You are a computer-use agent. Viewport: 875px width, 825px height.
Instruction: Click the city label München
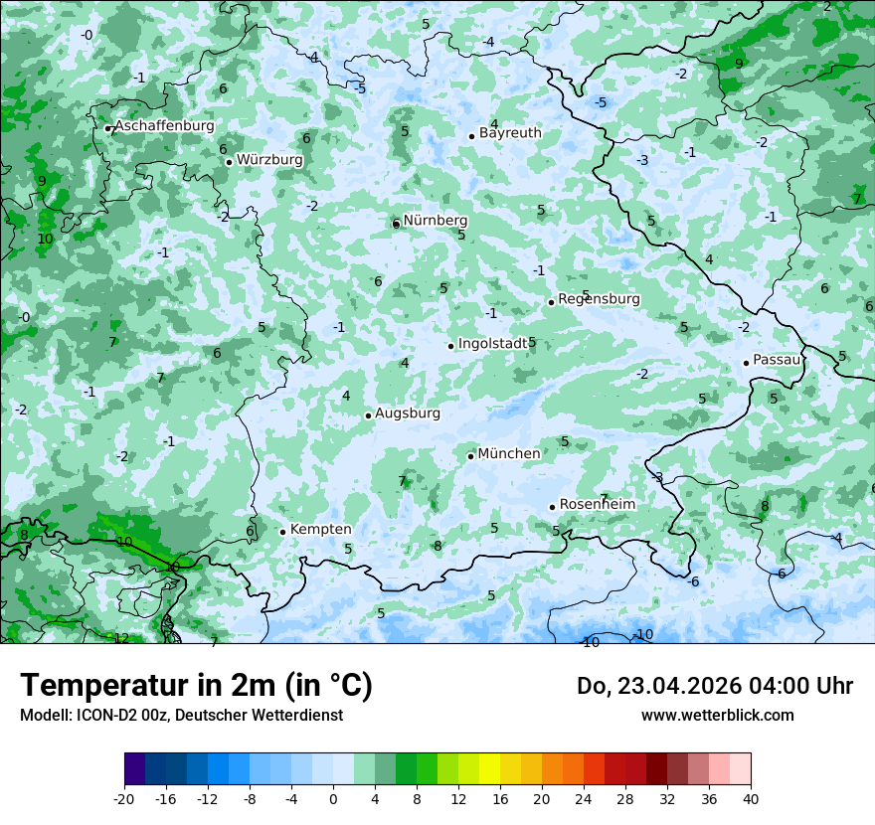(509, 454)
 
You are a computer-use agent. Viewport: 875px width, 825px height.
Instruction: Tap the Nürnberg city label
(436, 221)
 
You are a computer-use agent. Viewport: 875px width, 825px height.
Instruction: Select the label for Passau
(777, 360)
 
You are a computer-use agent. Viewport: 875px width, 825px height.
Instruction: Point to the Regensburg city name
(599, 299)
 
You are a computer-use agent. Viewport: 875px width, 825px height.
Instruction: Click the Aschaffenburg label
(164, 126)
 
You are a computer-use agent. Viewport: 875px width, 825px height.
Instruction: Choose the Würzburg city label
(269, 159)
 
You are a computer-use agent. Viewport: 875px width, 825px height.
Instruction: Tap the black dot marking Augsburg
(368, 415)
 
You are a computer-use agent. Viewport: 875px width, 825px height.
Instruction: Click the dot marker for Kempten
(282, 532)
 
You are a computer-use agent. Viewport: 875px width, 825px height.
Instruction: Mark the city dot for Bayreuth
(471, 136)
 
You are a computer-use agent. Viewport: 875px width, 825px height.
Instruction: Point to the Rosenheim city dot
(552, 507)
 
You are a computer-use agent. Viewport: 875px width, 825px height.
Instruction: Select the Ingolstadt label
(493, 344)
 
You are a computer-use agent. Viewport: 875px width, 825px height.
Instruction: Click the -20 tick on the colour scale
(124, 798)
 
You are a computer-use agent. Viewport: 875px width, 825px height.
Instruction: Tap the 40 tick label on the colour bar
(750, 798)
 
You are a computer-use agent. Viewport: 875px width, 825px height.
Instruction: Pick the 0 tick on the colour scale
(333, 798)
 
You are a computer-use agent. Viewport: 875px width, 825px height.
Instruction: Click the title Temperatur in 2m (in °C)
(196, 686)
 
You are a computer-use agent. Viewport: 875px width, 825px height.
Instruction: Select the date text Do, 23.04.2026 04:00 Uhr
(714, 686)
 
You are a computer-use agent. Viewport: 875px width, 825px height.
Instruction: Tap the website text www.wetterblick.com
(717, 716)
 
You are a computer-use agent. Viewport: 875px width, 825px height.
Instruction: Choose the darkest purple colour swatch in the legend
(135, 769)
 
